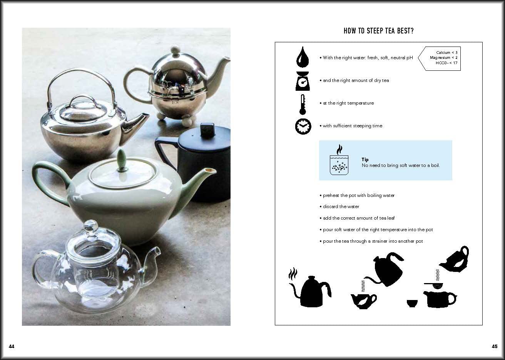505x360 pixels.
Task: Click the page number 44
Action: pos(12,346)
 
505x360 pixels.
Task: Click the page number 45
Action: pos(495,346)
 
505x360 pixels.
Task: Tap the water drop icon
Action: pos(303,57)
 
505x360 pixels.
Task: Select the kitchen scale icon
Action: pos(303,81)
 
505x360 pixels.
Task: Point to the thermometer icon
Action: pos(303,105)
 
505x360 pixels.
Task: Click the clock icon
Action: pos(303,127)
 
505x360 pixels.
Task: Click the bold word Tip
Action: pos(365,160)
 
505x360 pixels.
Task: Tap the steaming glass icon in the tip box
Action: pos(339,160)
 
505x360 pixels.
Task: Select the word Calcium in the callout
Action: pos(443,52)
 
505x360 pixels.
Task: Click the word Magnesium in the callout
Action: pos(440,58)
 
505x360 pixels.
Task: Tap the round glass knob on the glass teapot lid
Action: pos(91,225)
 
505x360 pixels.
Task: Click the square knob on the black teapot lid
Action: pos(207,130)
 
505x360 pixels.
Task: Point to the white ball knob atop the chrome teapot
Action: pos(175,50)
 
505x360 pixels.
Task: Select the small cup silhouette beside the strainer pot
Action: pos(412,303)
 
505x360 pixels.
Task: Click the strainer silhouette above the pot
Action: pos(434,285)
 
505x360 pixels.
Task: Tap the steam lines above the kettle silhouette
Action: pos(293,273)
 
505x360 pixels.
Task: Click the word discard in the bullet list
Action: pos(330,207)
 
